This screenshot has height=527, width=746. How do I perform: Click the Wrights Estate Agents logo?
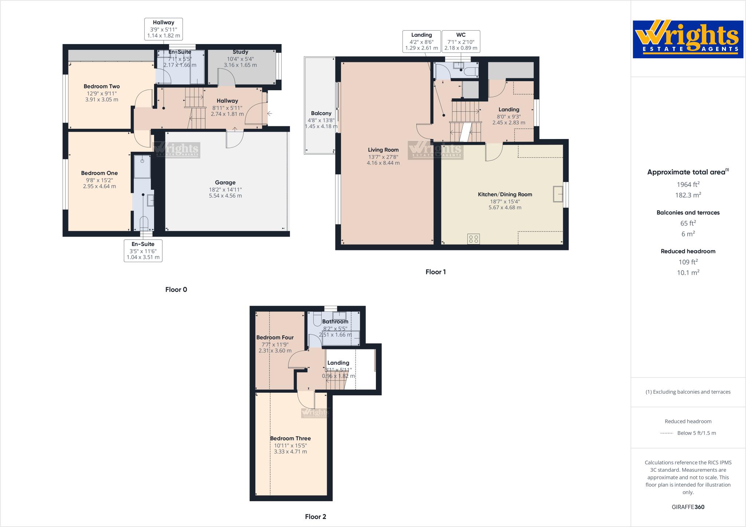pos(688,39)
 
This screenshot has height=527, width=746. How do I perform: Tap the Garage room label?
pos(225,183)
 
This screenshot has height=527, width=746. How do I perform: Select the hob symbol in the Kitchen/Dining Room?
pos(474,239)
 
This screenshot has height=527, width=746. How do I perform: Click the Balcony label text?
pos(321,113)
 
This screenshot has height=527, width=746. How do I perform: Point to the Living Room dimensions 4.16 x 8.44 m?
pos(383,163)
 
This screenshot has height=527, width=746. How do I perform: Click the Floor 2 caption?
pos(315,516)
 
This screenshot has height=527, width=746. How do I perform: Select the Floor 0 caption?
pos(176,290)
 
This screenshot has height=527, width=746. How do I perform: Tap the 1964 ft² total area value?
pos(688,185)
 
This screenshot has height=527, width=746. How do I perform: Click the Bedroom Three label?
pos(290,439)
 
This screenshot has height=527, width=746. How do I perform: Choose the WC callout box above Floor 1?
pos(461,41)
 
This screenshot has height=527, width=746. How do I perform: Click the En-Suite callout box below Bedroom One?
pos(143,250)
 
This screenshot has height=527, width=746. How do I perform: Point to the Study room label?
pos(240,52)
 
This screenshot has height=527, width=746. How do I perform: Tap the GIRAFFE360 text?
pos(688,507)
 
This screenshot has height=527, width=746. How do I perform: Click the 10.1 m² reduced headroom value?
pos(688,273)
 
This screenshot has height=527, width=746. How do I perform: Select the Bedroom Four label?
pos(275,337)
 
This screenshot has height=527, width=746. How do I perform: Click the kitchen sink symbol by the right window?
pos(557,194)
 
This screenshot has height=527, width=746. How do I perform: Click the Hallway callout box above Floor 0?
pos(163,29)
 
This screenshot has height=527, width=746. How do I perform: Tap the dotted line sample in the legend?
pos(666,433)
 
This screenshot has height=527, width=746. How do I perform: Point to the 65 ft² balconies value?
pos(688,223)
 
